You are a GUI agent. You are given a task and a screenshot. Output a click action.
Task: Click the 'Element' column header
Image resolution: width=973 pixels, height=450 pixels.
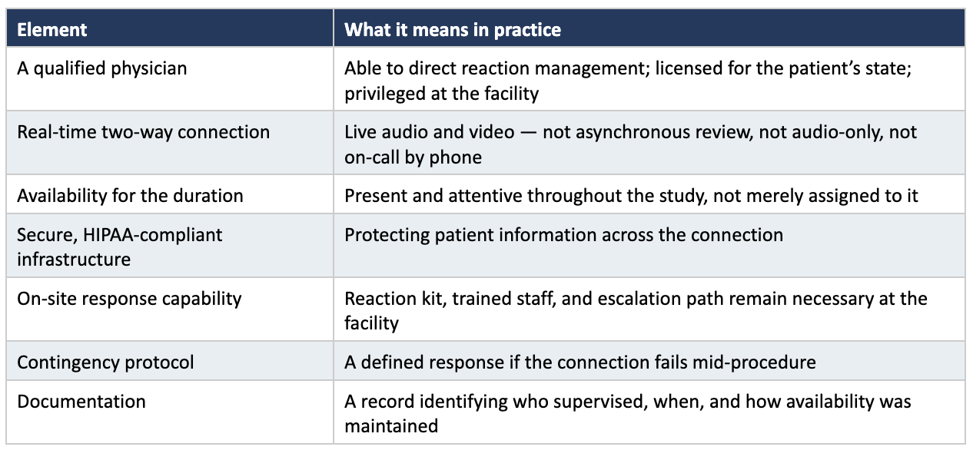pos(51,30)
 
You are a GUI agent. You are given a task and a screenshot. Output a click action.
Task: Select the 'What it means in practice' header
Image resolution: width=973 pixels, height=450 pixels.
pos(452,30)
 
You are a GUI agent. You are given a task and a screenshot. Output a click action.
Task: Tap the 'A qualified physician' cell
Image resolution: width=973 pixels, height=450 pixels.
pos(101,68)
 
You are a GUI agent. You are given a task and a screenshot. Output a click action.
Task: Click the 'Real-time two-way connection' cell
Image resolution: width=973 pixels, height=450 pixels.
pos(143,132)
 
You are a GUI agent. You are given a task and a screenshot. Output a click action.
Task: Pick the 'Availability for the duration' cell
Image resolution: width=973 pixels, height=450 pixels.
pos(130,196)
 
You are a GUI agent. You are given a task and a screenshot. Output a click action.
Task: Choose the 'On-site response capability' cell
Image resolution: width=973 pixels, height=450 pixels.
pos(129,299)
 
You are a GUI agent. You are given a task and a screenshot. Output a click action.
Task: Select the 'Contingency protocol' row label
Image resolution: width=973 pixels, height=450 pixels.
pos(105,362)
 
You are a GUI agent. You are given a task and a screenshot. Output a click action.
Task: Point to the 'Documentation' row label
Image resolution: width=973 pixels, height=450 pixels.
pos(81,402)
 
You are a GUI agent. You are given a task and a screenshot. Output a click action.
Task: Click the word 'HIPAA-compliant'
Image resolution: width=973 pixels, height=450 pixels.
pos(152,235)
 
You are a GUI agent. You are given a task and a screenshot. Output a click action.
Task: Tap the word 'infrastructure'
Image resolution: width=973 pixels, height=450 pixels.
pos(74,260)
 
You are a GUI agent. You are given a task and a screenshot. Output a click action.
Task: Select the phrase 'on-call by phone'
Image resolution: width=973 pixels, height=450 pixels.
pos(413,157)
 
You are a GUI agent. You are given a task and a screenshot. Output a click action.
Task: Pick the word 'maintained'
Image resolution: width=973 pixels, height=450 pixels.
pos(391,426)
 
